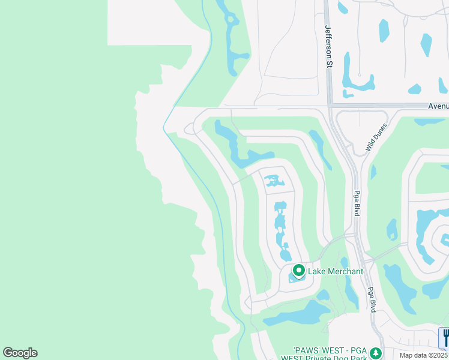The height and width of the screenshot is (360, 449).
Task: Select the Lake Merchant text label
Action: [336, 272]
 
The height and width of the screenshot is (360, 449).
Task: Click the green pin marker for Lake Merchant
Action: [298, 271]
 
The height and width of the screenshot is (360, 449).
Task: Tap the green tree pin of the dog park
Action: [376, 353]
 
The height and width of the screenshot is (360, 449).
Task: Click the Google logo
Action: [20, 353]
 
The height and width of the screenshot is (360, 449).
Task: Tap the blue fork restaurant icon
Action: [445, 337]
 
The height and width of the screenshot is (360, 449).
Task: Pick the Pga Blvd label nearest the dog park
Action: [372, 298]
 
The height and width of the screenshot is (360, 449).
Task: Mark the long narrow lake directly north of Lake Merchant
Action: [280, 228]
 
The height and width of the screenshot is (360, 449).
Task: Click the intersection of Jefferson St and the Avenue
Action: [330, 106]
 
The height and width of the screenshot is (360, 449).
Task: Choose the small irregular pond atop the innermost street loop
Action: [274, 179]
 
